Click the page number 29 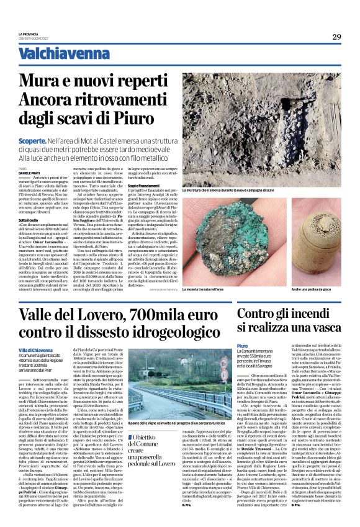tap(336, 37)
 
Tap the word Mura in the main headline tap(60, 81)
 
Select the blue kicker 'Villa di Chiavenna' tap(54, 351)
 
